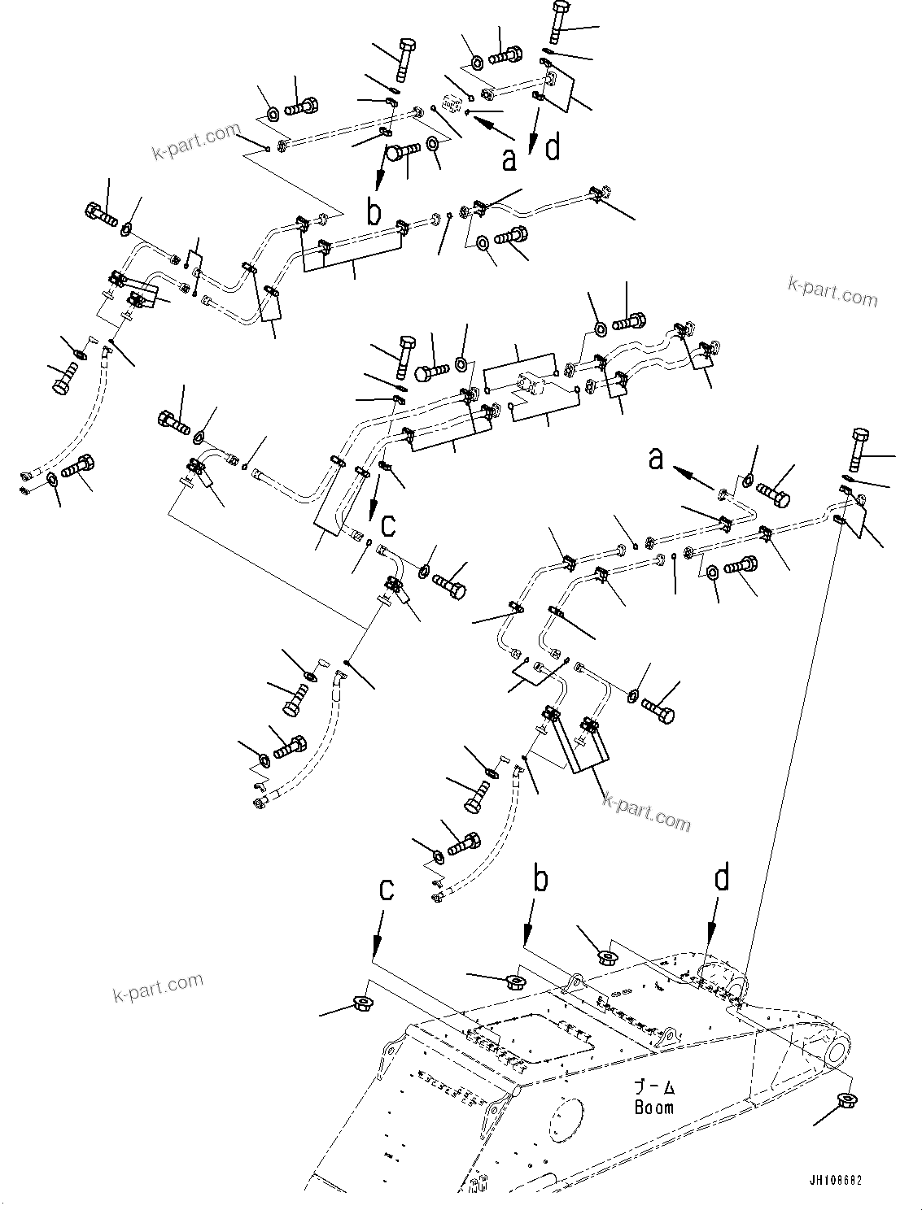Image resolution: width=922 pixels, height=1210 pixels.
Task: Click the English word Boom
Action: [653, 1107]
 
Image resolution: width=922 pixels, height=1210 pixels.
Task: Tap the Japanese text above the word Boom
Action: [655, 1088]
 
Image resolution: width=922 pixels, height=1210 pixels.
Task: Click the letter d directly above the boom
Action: [721, 880]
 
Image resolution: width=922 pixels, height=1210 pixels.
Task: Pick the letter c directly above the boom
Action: [387, 890]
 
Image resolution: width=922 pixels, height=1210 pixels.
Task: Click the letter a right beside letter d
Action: [509, 159]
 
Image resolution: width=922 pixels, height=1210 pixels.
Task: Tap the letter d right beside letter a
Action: [553, 148]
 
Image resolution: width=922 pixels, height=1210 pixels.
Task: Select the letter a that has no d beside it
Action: [656, 459]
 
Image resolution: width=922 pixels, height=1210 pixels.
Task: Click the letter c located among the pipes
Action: [388, 525]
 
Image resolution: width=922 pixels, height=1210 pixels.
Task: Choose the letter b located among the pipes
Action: [374, 213]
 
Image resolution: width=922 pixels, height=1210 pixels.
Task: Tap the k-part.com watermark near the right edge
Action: [832, 291]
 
